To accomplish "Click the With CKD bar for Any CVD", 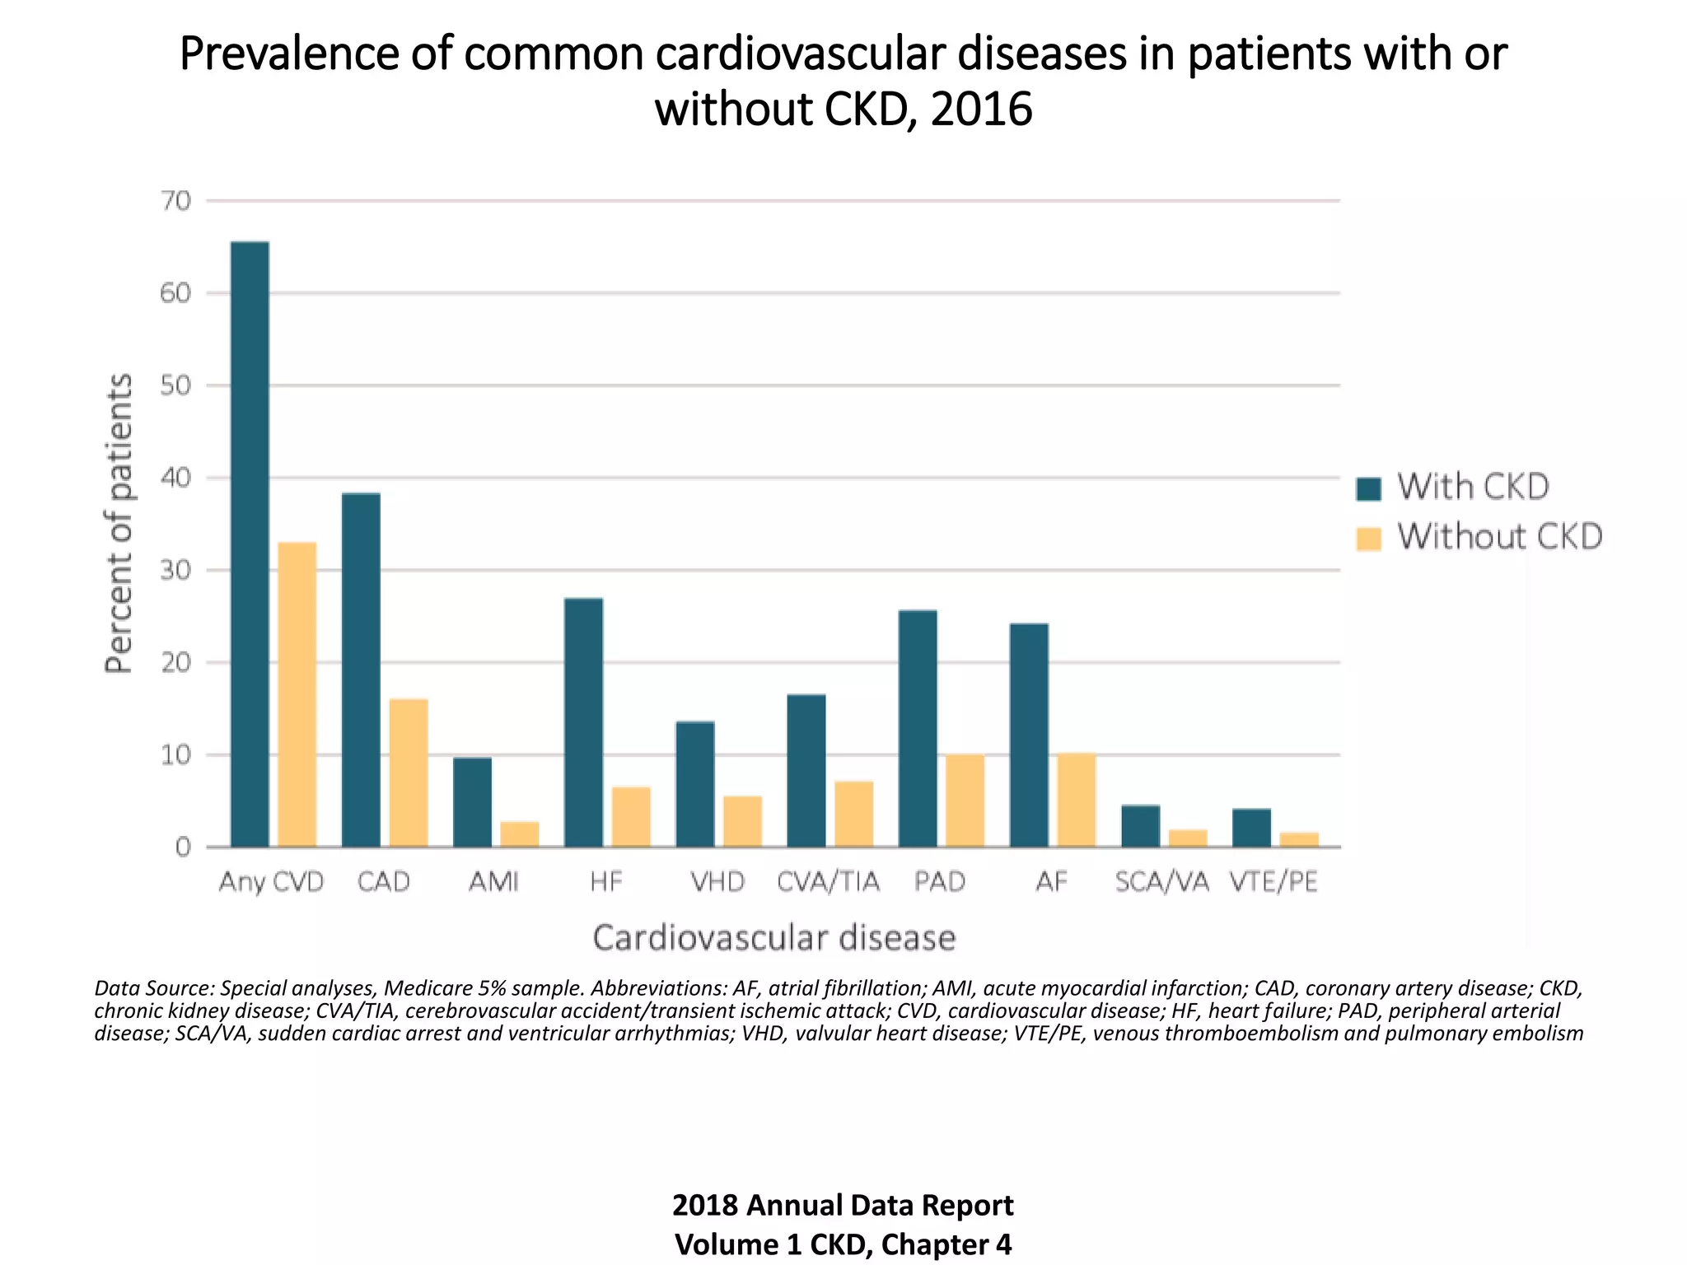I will [x=250, y=544].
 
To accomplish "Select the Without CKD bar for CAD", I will [x=409, y=773].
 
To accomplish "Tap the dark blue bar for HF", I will [x=583, y=722].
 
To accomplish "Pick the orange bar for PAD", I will [x=965, y=801].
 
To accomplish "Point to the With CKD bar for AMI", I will [x=472, y=802].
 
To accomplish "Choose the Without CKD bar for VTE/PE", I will [x=1299, y=839].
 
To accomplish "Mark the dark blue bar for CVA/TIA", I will [x=806, y=770].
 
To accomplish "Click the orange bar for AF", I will [x=1077, y=800].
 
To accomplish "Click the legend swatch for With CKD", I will [x=1368, y=488].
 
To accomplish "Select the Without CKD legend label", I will [x=1499, y=537].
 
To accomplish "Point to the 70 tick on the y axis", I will [x=176, y=201].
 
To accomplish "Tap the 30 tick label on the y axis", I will [x=176, y=570].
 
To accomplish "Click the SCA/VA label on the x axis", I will [x=1162, y=882].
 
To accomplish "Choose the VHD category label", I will [x=717, y=882].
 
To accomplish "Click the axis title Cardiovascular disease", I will [x=774, y=938].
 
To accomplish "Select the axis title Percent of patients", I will [x=119, y=524].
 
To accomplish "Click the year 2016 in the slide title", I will [x=981, y=110].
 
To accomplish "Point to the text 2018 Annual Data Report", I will [x=843, y=1205].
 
